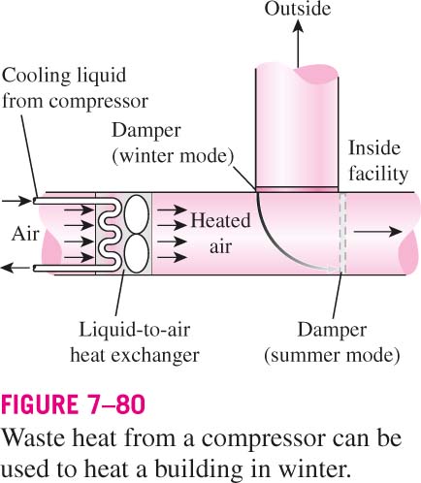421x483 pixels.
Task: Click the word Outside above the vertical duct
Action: (x=298, y=9)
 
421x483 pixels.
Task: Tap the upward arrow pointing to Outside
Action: (x=298, y=44)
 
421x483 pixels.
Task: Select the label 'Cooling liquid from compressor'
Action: (x=75, y=88)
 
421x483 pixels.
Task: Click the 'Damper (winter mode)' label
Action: (x=173, y=144)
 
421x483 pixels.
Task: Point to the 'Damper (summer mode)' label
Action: (x=332, y=342)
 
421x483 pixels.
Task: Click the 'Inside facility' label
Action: (x=378, y=161)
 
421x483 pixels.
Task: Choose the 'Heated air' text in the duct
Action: (x=220, y=234)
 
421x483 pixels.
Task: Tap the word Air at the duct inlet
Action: (x=25, y=234)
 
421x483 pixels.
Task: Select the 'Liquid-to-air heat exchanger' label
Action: (x=135, y=342)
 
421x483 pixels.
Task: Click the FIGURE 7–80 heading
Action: (x=73, y=404)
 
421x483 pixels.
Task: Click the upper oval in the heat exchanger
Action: (x=137, y=214)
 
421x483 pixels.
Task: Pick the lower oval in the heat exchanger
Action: (x=137, y=254)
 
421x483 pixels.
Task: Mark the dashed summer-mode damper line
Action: (x=342, y=234)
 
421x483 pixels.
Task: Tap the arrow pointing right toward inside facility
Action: (x=377, y=232)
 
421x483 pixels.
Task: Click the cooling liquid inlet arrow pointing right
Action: (x=16, y=201)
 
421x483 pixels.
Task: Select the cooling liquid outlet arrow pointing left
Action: (x=16, y=268)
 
